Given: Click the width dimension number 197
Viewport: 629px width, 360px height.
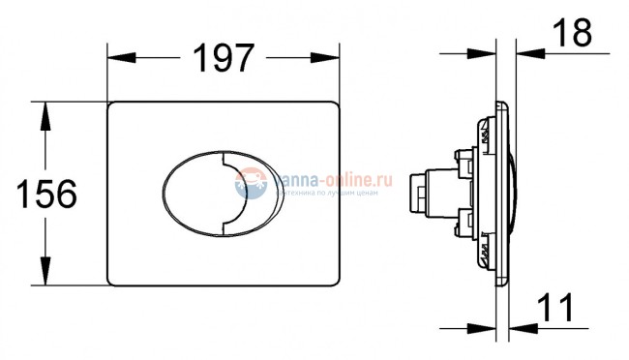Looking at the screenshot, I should click(225, 57).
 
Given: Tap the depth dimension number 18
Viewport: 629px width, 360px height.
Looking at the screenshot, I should click(573, 33).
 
